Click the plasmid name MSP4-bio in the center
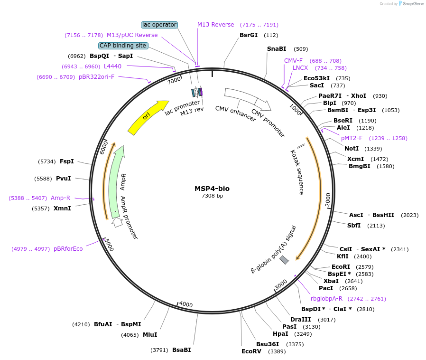click(x=212, y=189)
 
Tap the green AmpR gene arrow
click(x=115, y=180)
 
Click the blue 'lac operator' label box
click(x=159, y=25)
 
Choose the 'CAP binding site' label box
click(x=123, y=46)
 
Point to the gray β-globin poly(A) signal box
click(x=284, y=260)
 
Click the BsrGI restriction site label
click(x=249, y=35)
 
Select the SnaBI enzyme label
click(x=277, y=49)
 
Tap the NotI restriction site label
click(x=352, y=149)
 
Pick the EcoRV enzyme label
click(x=251, y=351)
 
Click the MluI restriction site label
click(x=150, y=335)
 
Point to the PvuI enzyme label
click(x=63, y=179)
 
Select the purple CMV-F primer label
click(x=293, y=61)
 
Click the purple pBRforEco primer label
click(x=68, y=249)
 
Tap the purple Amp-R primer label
click(x=60, y=198)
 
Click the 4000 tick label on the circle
click(x=185, y=304)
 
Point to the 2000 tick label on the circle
click(x=328, y=199)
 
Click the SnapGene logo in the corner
click(x=411, y=4)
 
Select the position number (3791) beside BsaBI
click(x=159, y=351)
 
